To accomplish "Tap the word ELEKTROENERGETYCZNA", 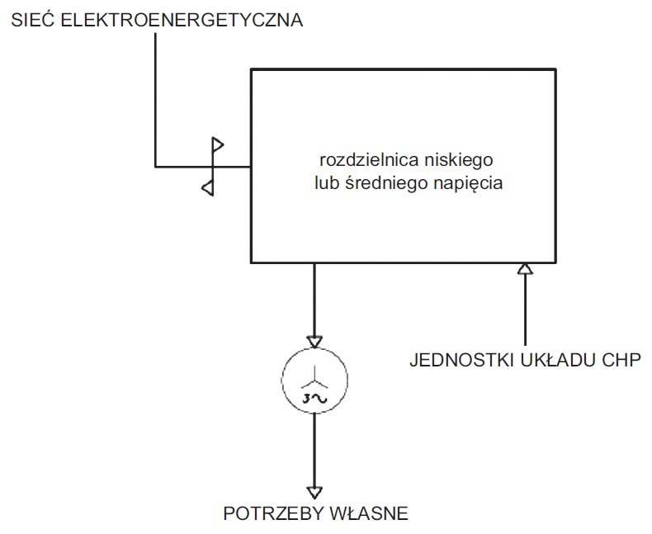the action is [182, 20].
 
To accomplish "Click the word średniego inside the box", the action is [386, 183].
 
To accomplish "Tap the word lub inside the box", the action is [327, 182].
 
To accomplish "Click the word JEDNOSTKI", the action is [461, 360].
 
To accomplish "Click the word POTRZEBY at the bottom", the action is [274, 513].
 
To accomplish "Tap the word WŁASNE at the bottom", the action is [369, 513].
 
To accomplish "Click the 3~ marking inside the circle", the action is [314, 399].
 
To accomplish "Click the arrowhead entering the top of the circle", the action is [314, 342].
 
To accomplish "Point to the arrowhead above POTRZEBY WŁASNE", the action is [314, 493].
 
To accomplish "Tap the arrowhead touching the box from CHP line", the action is [525, 269].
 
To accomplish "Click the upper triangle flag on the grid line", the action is [218, 144].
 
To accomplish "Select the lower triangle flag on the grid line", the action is [208, 188].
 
